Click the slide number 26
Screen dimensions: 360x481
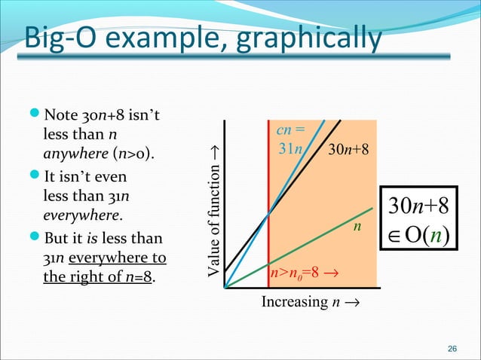(452, 348)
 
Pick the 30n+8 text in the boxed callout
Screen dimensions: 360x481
(423, 206)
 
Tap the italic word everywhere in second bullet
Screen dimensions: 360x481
(78, 213)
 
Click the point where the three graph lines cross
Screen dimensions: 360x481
(269, 215)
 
